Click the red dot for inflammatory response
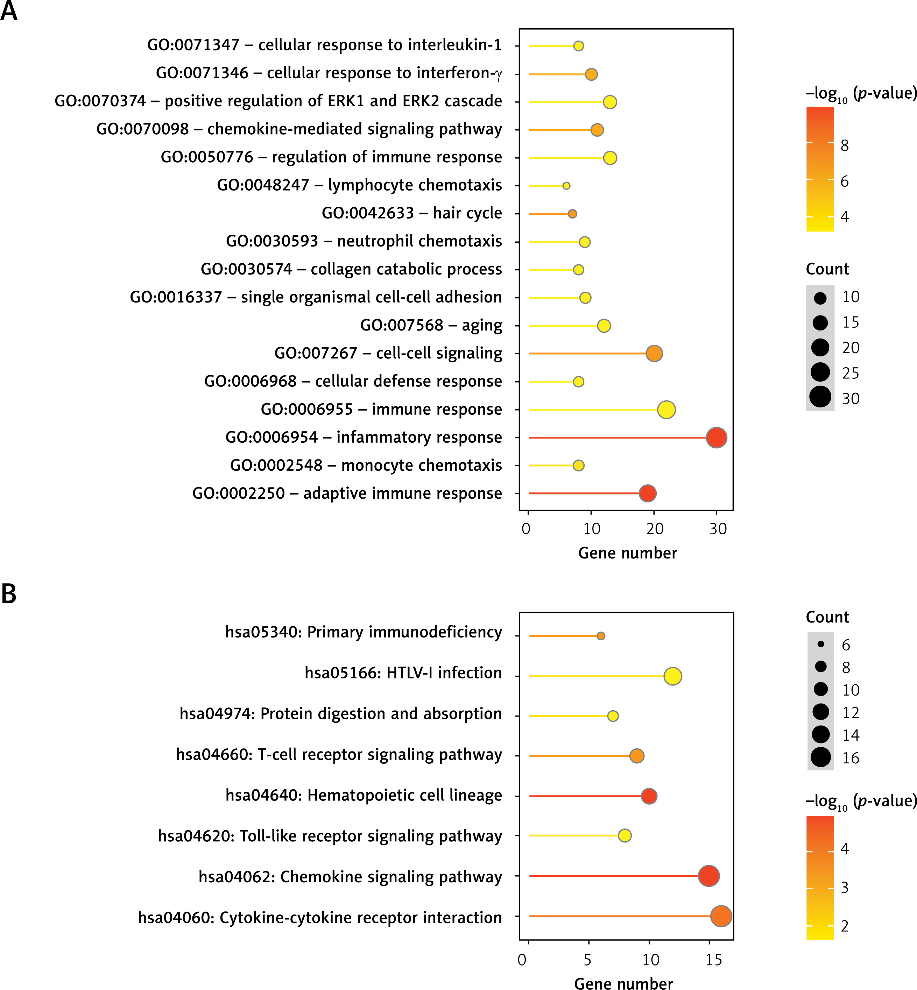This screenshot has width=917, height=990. point(716,437)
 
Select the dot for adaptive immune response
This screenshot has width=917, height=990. point(647,493)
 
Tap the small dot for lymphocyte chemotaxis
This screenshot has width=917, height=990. point(566,185)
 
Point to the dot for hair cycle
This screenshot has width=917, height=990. point(572,214)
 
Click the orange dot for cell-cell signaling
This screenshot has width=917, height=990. point(654,354)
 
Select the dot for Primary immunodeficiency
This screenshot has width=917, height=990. point(600,636)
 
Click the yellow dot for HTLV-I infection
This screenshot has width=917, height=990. point(672,676)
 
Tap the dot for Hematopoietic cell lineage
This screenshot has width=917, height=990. point(649,796)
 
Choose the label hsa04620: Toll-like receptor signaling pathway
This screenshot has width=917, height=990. point(330,836)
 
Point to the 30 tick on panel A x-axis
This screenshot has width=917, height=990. point(718,529)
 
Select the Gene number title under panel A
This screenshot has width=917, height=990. point(627,553)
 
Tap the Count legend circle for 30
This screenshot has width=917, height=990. point(820,397)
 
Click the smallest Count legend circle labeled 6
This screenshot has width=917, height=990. point(821,644)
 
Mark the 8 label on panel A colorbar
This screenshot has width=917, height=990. point(845,146)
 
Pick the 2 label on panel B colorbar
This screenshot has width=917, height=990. point(845,926)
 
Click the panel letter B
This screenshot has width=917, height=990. point(9,594)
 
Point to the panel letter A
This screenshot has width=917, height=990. point(9,11)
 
